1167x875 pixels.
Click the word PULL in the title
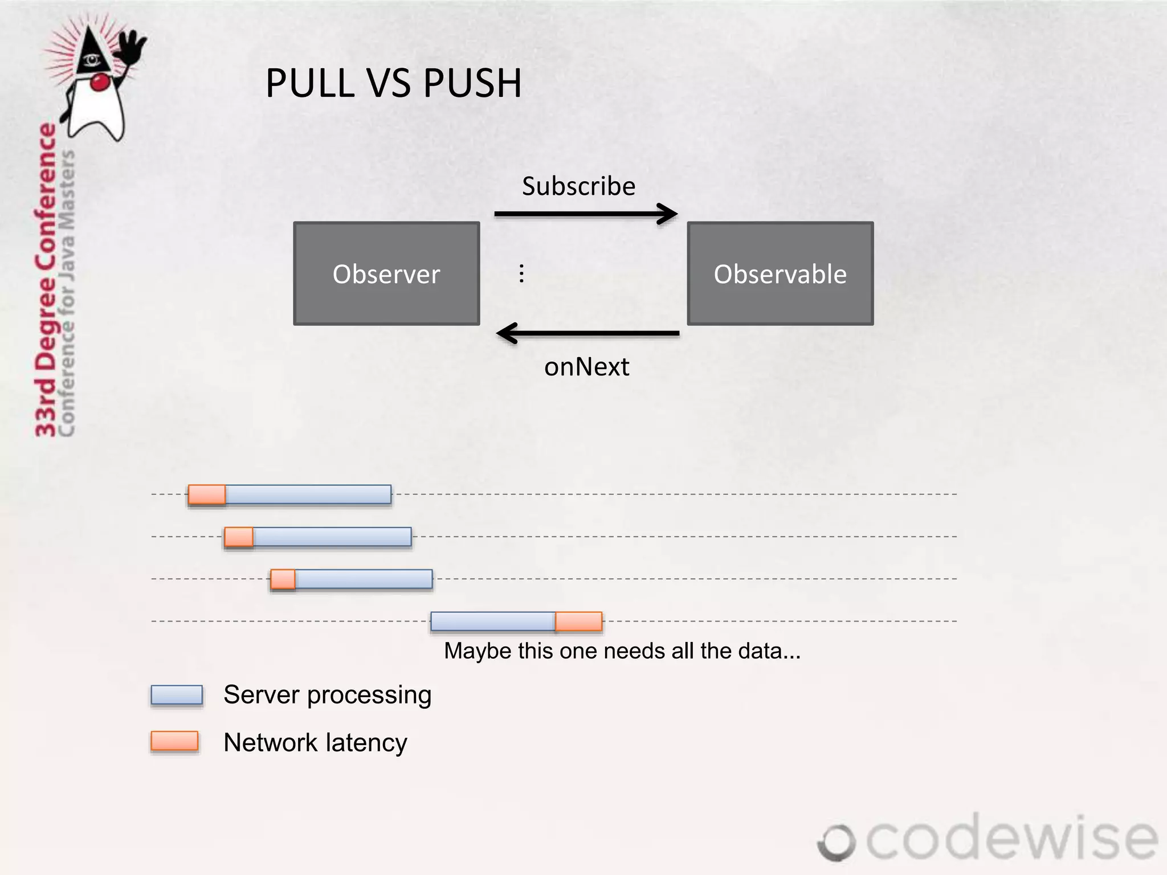coord(310,83)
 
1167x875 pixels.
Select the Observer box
coord(386,273)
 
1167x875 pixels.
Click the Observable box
coord(780,273)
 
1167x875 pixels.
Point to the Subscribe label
coord(578,186)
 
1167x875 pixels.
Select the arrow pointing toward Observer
coord(587,333)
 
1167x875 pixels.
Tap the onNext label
coord(586,367)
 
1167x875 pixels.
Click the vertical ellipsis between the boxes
coord(521,273)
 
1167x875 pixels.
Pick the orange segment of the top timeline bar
coord(207,494)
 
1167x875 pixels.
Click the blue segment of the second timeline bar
coord(332,537)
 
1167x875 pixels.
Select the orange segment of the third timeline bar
coord(283,579)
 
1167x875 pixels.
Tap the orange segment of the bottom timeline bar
coord(578,621)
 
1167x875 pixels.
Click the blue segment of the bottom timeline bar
coord(493,621)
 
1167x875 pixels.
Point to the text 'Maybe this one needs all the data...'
coord(622,651)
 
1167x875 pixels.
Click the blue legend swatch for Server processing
coord(177,695)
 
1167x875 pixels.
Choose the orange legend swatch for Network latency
coord(174,741)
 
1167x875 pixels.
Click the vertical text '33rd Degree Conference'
coord(46,279)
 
